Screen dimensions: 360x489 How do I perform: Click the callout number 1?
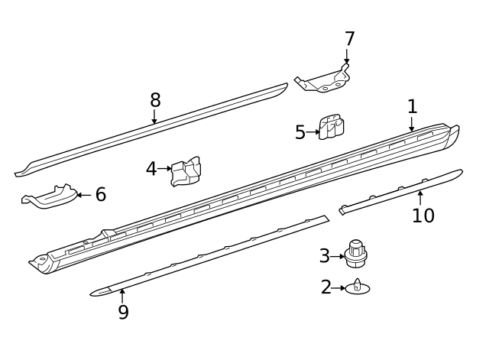coord(413,106)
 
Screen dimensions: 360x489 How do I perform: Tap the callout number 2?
coord(326,287)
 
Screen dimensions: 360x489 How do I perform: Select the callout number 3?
coord(325,256)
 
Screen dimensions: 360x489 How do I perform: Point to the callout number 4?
coord(151,169)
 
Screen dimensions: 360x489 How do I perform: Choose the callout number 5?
coord(300,132)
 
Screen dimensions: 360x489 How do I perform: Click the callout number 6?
coord(100,195)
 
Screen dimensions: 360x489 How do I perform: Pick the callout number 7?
coord(349,39)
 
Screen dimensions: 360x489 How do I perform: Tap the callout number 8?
coord(155,100)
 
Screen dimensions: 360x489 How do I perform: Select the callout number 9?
coord(123,312)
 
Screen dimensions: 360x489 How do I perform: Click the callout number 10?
coord(423,216)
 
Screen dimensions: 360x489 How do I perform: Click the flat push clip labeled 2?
coord(358,287)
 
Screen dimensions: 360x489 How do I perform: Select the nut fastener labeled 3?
coord(355,254)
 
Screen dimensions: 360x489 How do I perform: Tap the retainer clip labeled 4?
coord(186,172)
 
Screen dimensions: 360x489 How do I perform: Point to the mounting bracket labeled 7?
coord(324,79)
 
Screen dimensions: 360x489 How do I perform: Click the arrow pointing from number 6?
coord(83,195)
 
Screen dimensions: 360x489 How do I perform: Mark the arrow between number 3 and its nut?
coord(338,256)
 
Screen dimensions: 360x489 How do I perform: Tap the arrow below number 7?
coord(347,57)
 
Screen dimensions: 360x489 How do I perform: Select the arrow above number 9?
coord(122,294)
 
